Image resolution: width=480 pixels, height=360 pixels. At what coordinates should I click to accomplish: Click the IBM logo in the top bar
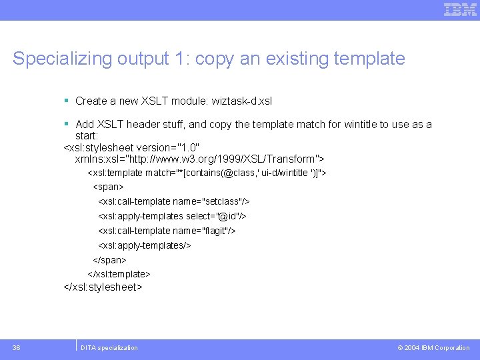click(x=461, y=9)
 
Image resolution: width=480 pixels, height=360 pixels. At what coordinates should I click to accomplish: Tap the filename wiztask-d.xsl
click(x=241, y=101)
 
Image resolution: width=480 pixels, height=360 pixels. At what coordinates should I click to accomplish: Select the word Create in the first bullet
click(x=91, y=101)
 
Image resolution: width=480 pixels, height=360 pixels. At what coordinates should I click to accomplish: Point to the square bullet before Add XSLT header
click(x=67, y=124)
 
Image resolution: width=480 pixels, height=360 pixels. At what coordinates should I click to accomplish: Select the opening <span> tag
click(x=108, y=187)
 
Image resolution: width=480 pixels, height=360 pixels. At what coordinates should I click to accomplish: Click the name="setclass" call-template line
click(x=174, y=201)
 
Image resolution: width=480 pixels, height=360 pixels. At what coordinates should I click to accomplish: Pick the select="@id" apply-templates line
click(x=172, y=216)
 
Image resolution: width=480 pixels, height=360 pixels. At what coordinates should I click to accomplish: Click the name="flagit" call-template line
click(x=167, y=231)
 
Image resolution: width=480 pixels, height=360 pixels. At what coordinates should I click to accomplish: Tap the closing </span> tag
click(x=109, y=260)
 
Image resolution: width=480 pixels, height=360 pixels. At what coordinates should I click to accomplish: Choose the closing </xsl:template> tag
click(x=119, y=274)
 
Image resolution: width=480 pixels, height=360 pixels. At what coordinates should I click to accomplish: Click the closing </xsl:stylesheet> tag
click(x=103, y=287)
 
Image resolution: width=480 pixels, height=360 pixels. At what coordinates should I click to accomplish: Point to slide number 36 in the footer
click(x=16, y=347)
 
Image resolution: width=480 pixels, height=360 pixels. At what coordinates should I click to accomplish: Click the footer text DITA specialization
click(x=109, y=348)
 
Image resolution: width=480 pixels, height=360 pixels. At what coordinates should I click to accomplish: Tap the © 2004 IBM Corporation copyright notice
click(x=433, y=348)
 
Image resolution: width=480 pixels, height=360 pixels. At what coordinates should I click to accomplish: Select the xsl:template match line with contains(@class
click(x=207, y=173)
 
